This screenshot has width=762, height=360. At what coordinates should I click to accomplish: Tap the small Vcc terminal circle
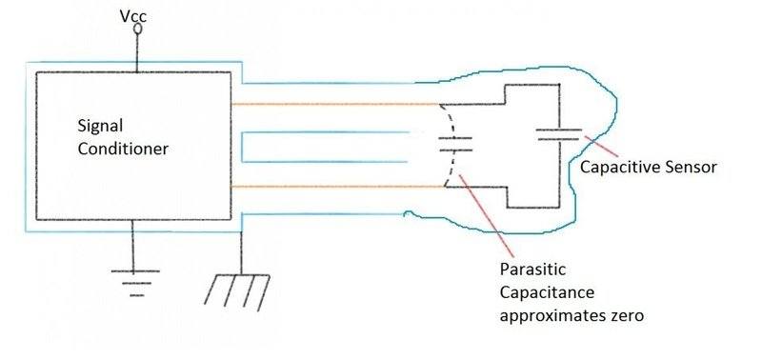pos(138,29)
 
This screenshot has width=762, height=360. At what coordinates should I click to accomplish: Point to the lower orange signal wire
pos(333,188)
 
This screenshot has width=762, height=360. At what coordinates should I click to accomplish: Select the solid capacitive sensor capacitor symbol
pos(558,136)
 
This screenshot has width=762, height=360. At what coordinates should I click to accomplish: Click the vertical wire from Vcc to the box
pos(138,52)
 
